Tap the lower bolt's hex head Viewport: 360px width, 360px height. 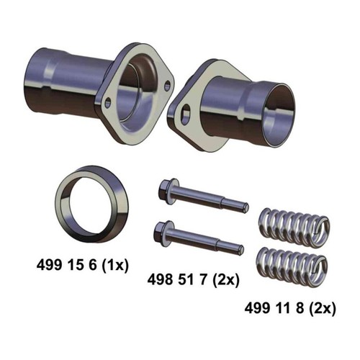(159, 233)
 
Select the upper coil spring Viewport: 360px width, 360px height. (294, 227)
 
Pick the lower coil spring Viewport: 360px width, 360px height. (291, 267)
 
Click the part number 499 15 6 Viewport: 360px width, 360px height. (66, 266)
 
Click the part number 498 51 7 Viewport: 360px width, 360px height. (177, 280)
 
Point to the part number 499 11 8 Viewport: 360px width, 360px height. (274, 308)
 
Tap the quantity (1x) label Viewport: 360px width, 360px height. (115, 266)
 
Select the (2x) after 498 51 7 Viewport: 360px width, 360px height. (226, 280)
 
